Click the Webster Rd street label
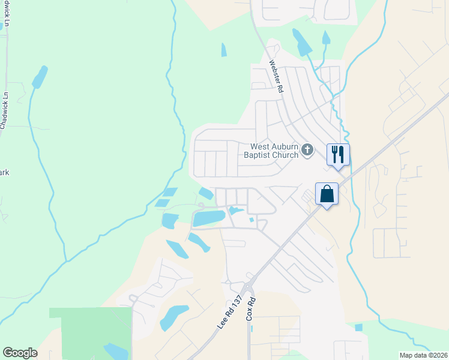point(276,75)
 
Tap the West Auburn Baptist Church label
point(274,151)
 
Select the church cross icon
point(307,150)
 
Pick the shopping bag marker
point(327,194)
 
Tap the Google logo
point(20,353)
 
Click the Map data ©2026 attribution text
point(423,355)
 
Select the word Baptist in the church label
point(259,155)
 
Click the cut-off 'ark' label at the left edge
point(5,173)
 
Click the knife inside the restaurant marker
point(341,154)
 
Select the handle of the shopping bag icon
point(327,188)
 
